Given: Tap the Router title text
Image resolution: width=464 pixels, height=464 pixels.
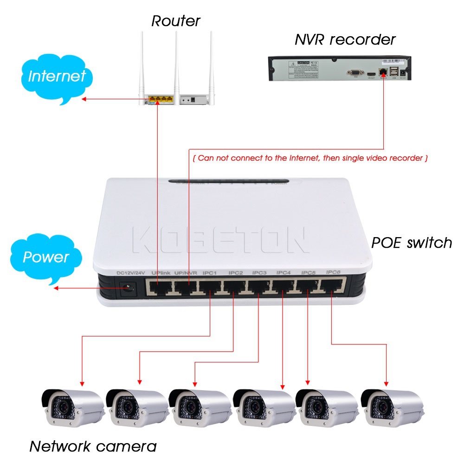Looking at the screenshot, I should (175, 21).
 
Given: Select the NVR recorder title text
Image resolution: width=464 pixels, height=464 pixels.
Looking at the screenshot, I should (345, 39).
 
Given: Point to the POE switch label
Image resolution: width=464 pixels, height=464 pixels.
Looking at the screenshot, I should (412, 242).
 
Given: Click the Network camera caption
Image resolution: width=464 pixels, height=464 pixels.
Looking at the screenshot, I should (93, 446).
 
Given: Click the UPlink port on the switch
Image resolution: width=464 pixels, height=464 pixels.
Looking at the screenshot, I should (158, 287).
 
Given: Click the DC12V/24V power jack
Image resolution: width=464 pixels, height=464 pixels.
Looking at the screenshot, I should (127, 288).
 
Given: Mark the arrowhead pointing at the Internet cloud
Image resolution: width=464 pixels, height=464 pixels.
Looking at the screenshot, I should (84, 99).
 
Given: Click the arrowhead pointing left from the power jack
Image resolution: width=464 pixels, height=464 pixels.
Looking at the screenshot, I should (56, 289).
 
